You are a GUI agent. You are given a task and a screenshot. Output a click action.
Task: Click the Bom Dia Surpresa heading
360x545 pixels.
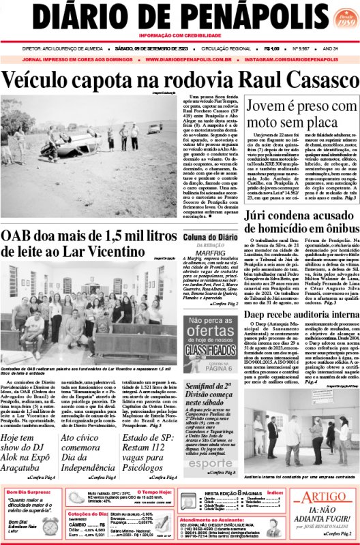[29, 492]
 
